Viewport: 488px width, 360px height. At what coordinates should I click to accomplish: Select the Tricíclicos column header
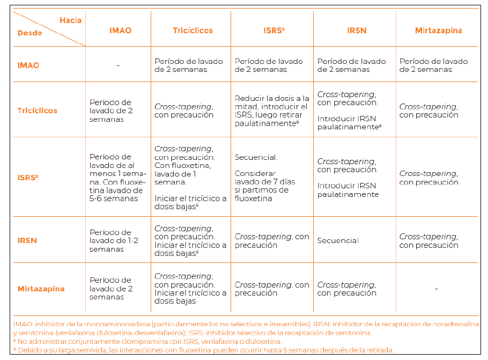(193, 31)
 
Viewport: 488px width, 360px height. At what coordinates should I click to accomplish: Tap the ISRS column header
(273, 31)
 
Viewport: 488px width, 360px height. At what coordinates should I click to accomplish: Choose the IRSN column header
(357, 31)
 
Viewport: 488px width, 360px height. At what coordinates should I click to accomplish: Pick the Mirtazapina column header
(438, 31)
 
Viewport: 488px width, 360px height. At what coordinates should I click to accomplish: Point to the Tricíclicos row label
(37, 111)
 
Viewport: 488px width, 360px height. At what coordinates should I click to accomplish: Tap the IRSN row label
(27, 240)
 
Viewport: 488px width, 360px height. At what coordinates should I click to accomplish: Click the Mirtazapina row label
(41, 289)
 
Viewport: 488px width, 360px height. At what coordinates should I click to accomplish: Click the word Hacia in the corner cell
(70, 20)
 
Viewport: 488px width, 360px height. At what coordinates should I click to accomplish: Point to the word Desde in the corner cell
(29, 33)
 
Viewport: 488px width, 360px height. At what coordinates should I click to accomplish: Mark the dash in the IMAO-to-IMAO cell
(117, 65)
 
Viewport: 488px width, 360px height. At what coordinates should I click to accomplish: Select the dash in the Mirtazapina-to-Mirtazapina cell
(437, 289)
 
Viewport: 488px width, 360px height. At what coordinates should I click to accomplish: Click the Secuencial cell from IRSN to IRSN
(338, 240)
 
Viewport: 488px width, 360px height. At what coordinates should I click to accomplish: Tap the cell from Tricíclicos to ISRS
(272, 111)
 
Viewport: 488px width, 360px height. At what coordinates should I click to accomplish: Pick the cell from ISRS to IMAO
(116, 178)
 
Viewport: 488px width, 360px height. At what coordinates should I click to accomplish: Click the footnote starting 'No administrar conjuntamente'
(147, 341)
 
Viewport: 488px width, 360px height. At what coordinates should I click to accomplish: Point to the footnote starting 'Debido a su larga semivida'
(204, 350)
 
